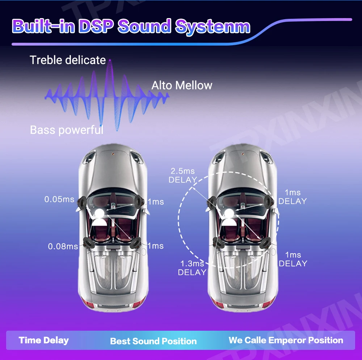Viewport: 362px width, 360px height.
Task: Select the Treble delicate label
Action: point(68,60)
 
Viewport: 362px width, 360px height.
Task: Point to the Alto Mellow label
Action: point(182,85)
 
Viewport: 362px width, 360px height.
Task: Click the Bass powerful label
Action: point(67,130)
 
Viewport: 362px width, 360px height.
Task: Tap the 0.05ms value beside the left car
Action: point(59,199)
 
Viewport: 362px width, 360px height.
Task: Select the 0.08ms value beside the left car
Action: point(63,246)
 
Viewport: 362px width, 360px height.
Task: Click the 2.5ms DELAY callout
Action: point(183,175)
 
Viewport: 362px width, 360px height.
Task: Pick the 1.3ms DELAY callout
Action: point(192,268)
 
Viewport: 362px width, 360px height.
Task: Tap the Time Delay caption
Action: point(44,340)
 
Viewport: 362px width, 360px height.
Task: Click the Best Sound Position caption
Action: point(153,341)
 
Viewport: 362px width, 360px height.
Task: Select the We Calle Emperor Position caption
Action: point(286,340)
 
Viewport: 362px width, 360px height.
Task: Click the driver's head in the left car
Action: point(98,213)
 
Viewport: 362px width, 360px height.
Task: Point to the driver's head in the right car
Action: point(229,213)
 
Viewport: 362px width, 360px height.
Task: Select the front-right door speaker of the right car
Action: point(269,201)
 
